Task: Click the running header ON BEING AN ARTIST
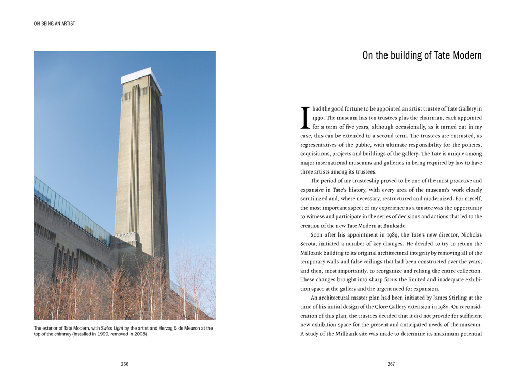click(54, 24)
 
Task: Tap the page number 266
click(124, 364)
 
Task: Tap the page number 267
click(391, 364)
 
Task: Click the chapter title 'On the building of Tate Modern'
click(422, 56)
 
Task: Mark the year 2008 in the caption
click(138, 334)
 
